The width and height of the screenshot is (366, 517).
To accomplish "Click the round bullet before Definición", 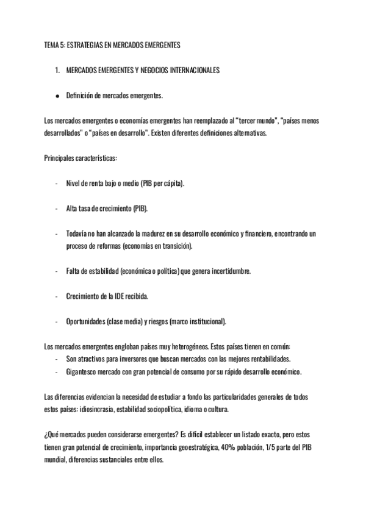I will point(57,96).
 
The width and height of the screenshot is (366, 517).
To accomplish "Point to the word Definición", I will point(81,96).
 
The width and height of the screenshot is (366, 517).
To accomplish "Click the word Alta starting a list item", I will point(73,209).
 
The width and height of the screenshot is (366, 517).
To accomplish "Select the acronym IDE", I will point(120,296).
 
